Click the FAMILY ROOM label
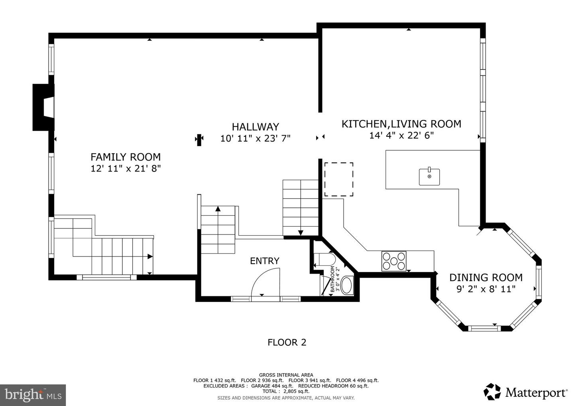pos(126,157)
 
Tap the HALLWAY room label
pos(256,127)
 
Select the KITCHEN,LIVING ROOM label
pos(401,124)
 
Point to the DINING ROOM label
pos(486,278)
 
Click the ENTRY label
pos(265,261)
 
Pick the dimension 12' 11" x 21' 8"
pos(126,168)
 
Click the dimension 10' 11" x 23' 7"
pos(256,138)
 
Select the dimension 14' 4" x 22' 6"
pos(401,135)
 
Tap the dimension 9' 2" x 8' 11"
pos(486,289)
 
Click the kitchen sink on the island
pos(429,177)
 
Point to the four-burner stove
pos(394,261)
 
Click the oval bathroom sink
pos(347,286)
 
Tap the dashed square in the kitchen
pos(339,179)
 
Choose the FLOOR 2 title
pos(287,342)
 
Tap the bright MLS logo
pos(33,395)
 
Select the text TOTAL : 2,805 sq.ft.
pos(286,392)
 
